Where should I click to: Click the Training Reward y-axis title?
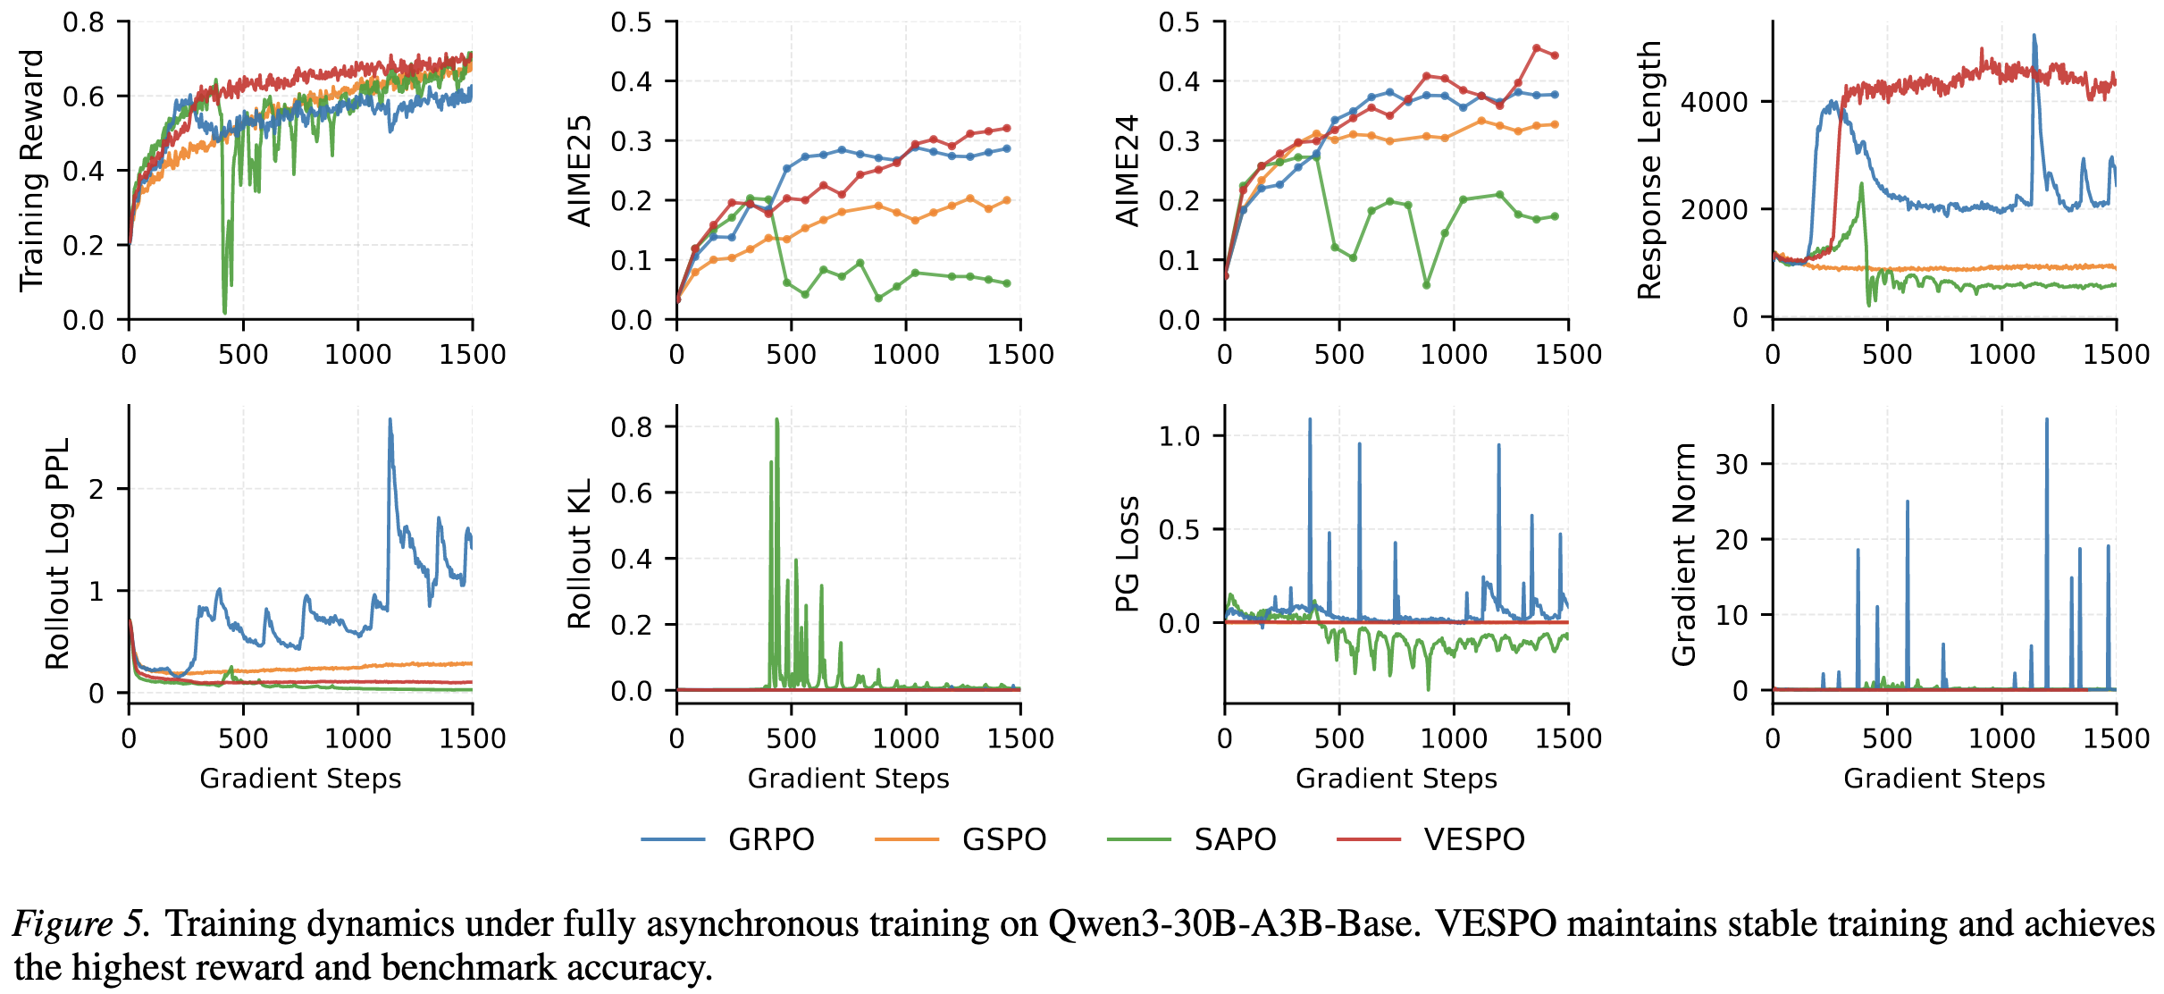click(31, 170)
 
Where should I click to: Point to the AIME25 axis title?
click(580, 170)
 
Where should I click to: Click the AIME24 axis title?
click(1128, 170)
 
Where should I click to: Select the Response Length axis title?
click(1648, 170)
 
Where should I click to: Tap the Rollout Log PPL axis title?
click(57, 553)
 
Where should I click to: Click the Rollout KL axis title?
click(580, 553)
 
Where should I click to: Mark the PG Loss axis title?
click(1128, 553)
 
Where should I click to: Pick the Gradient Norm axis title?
click(1683, 553)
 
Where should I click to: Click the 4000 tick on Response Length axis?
click(1714, 102)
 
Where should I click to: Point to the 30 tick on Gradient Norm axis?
click(1732, 464)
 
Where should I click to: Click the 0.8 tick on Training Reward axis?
click(83, 22)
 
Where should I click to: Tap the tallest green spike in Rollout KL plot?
click(776, 419)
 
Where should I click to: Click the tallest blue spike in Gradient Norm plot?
click(2046, 419)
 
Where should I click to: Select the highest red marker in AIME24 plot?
click(1537, 48)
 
